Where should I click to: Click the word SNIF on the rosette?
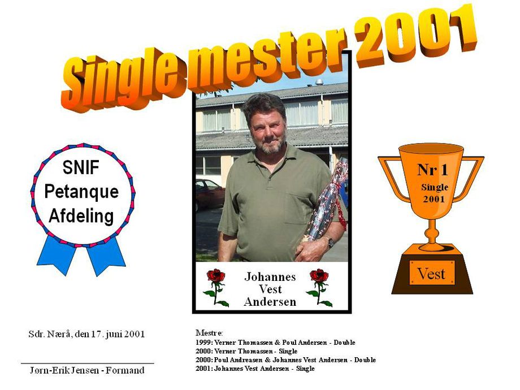point(81,167)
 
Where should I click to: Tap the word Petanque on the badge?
point(81,192)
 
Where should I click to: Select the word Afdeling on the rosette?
point(81,216)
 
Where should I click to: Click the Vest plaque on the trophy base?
point(432,273)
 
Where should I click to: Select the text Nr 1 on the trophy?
point(432,170)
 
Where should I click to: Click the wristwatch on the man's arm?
point(331,242)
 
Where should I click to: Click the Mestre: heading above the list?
point(209,332)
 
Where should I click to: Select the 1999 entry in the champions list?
point(275,343)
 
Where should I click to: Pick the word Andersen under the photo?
point(270,302)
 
